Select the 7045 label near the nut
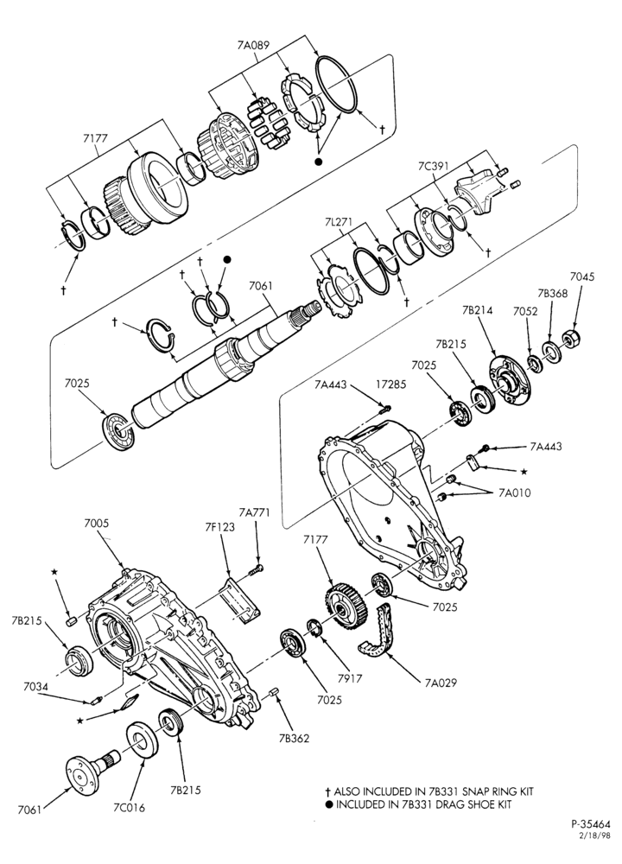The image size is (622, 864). [x=582, y=276]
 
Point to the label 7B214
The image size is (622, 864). [x=477, y=310]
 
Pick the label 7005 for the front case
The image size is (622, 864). [x=97, y=524]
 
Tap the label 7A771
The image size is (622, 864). [x=255, y=512]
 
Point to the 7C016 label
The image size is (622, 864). [x=129, y=808]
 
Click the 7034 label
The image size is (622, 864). [x=35, y=687]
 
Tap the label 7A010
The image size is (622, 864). [x=515, y=492]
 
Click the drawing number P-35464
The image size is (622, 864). [x=591, y=825]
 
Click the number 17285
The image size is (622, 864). [x=390, y=384]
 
